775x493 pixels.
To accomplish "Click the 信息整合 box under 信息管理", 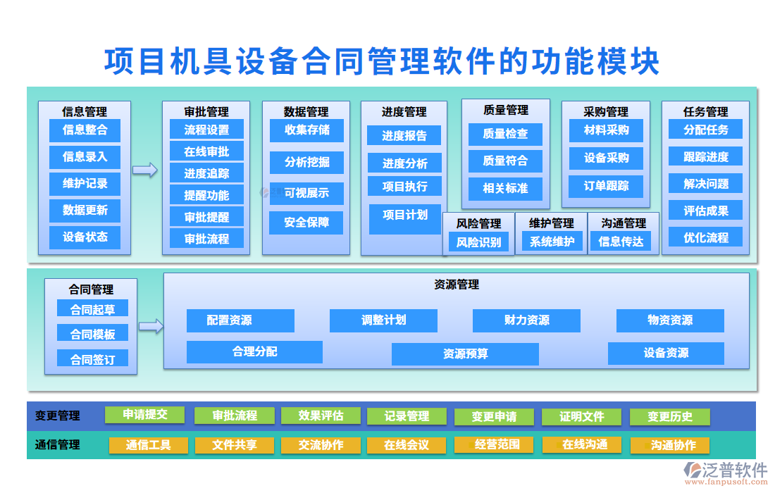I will coord(85,130).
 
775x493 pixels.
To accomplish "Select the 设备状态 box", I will coord(85,237).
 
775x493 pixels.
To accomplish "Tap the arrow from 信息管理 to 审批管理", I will coord(145,170).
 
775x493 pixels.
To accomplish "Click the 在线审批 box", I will coord(206,151).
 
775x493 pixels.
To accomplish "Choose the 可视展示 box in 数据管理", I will coord(306,193).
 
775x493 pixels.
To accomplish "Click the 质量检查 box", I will coord(505,134).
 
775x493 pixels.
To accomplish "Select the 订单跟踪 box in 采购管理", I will coord(606,187).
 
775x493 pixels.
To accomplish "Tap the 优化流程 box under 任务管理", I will coord(705,237).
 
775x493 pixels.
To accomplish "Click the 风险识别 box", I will coord(478,242).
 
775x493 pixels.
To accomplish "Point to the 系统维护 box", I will coord(552,242).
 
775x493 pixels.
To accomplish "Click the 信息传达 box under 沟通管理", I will coord(621,242).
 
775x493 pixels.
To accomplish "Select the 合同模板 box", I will coord(92,334).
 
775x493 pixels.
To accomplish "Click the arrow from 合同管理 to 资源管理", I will coord(151,325).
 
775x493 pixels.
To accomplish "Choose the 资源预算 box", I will coord(465,354).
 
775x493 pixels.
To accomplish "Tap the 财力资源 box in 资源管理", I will coord(526,320).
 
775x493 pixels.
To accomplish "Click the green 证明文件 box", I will coord(581,417).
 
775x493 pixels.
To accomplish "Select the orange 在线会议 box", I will coord(406,445).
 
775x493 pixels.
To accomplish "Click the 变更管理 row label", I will coord(58,416).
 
